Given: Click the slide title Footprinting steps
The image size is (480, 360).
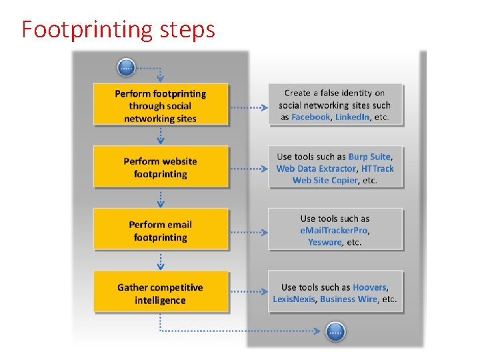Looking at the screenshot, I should click(x=118, y=30).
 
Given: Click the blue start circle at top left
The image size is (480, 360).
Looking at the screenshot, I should click(x=126, y=67).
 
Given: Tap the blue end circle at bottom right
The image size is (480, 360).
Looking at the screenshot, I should click(x=335, y=330).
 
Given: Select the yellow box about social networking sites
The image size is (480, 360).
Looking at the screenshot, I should click(x=160, y=105).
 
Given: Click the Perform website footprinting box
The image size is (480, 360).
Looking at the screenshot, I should click(x=160, y=167).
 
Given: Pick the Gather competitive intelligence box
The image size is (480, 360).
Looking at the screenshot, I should click(x=160, y=293).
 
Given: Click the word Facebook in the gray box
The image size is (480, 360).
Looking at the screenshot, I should click(x=311, y=117).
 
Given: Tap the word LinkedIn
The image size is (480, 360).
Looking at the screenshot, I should click(x=353, y=117).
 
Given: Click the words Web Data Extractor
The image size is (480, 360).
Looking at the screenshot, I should click(x=316, y=169).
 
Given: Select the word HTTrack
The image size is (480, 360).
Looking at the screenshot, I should click(x=377, y=169).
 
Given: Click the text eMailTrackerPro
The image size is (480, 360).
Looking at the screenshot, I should click(x=334, y=230).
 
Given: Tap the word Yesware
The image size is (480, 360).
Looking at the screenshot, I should click(x=325, y=242).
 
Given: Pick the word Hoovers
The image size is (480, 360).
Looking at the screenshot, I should click(x=369, y=287).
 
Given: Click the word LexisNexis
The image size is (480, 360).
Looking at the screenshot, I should click(x=293, y=299).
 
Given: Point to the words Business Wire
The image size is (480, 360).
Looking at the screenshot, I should click(x=348, y=299).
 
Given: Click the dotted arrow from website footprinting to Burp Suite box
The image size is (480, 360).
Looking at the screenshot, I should click(x=248, y=169).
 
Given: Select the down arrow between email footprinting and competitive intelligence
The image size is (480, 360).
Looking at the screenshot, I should click(x=160, y=261).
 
